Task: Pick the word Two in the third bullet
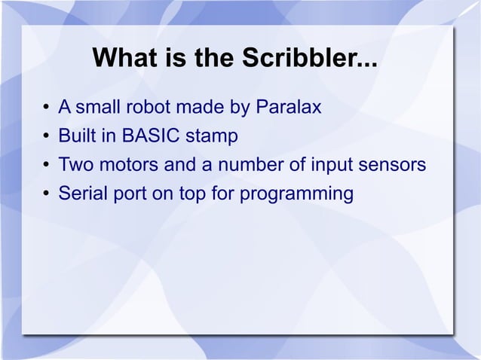pyautogui.click(x=75, y=165)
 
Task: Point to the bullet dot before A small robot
pyautogui.click(x=47, y=108)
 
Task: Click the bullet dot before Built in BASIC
pyautogui.click(x=47, y=137)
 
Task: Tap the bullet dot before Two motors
pyautogui.click(x=47, y=166)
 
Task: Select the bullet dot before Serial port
pyautogui.click(x=47, y=194)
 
